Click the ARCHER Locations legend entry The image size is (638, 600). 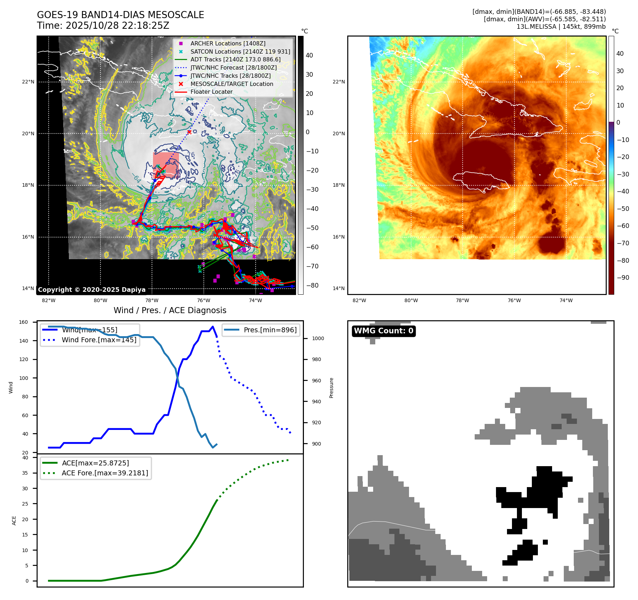(228, 43)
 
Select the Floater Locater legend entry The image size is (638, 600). (211, 92)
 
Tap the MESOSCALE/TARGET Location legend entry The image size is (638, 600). (231, 84)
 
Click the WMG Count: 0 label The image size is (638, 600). (383, 331)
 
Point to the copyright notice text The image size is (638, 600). (92, 290)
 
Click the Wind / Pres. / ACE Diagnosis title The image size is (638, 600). (170, 310)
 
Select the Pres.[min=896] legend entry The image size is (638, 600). (270, 330)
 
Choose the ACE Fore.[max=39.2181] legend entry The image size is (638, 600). (105, 473)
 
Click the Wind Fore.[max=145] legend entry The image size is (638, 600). (99, 340)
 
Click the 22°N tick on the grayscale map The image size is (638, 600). (28, 82)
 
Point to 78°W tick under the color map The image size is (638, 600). (462, 300)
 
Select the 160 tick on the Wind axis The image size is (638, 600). (23, 322)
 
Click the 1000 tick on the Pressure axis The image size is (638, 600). (318, 338)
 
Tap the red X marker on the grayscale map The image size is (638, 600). (189, 132)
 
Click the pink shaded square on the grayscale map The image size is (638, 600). (166, 164)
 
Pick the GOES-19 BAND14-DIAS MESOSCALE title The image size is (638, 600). (120, 15)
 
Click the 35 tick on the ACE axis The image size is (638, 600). (25, 473)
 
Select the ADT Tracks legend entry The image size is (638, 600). (235, 59)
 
